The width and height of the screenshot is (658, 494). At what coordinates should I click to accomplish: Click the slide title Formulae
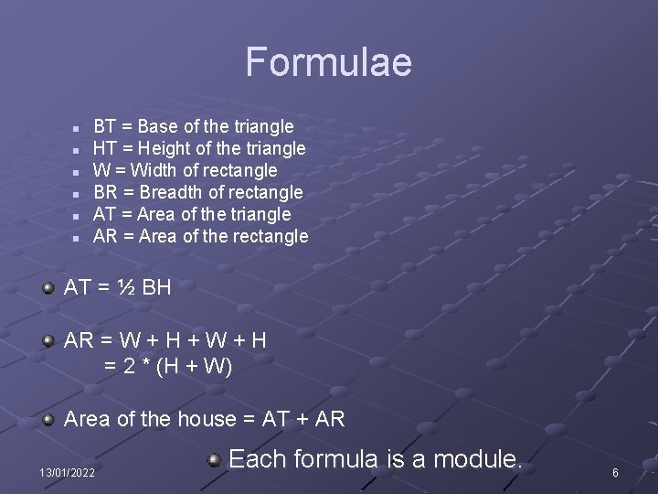coord(328,62)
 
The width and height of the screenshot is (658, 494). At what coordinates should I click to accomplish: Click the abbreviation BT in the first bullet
coord(106,126)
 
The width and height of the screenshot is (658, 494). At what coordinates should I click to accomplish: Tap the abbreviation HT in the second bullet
coord(106,148)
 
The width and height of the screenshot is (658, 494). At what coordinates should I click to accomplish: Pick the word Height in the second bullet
coord(162,148)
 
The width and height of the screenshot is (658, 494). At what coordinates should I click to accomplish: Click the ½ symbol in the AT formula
coord(126,287)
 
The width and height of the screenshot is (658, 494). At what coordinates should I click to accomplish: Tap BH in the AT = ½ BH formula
coord(156,287)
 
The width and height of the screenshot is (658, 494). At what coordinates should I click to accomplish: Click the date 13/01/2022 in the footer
coord(66,472)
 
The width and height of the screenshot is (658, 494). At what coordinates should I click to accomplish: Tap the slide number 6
coord(615,472)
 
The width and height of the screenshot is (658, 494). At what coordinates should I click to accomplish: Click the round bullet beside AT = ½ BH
coord(48,288)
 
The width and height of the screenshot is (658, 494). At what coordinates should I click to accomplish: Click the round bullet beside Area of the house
coord(48,420)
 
